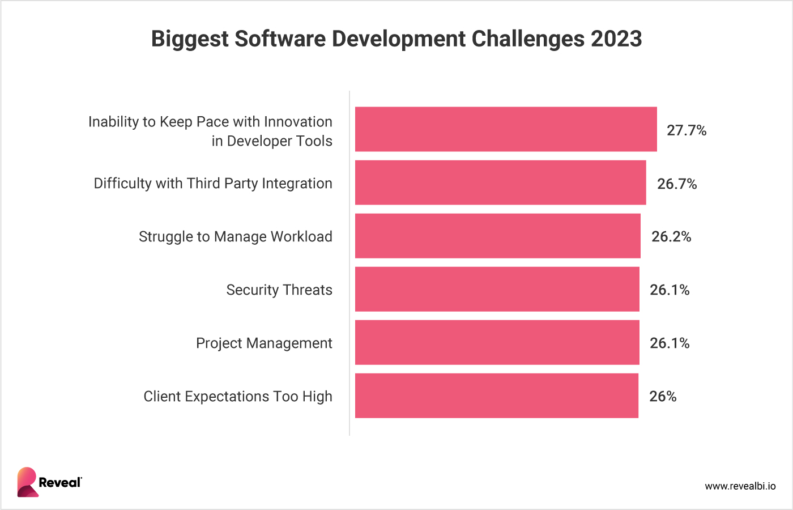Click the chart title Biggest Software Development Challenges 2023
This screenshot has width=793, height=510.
(x=396, y=39)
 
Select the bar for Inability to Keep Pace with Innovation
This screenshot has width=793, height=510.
(x=506, y=129)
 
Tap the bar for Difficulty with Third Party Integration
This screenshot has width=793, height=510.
(x=500, y=182)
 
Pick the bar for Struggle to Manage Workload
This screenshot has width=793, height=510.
(x=497, y=236)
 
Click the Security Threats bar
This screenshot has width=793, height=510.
(x=497, y=289)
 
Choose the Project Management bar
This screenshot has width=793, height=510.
(x=497, y=342)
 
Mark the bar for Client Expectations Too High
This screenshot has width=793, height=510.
(x=496, y=396)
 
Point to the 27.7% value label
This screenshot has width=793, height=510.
(x=687, y=130)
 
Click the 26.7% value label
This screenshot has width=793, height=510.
(x=677, y=184)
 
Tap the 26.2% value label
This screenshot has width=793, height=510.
(x=671, y=236)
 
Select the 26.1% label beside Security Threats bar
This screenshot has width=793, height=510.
(x=670, y=290)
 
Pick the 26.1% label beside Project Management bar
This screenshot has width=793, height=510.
(x=670, y=343)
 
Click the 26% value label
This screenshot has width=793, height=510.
(x=663, y=396)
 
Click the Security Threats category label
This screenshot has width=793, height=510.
(x=279, y=290)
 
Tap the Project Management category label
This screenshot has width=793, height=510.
(x=264, y=343)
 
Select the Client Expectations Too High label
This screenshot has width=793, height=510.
(x=238, y=396)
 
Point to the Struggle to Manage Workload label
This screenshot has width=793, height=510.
(x=236, y=236)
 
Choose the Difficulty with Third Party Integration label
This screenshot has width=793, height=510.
(x=213, y=183)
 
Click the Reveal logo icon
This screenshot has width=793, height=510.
(x=27, y=482)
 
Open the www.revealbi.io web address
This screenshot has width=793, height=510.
(x=740, y=486)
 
